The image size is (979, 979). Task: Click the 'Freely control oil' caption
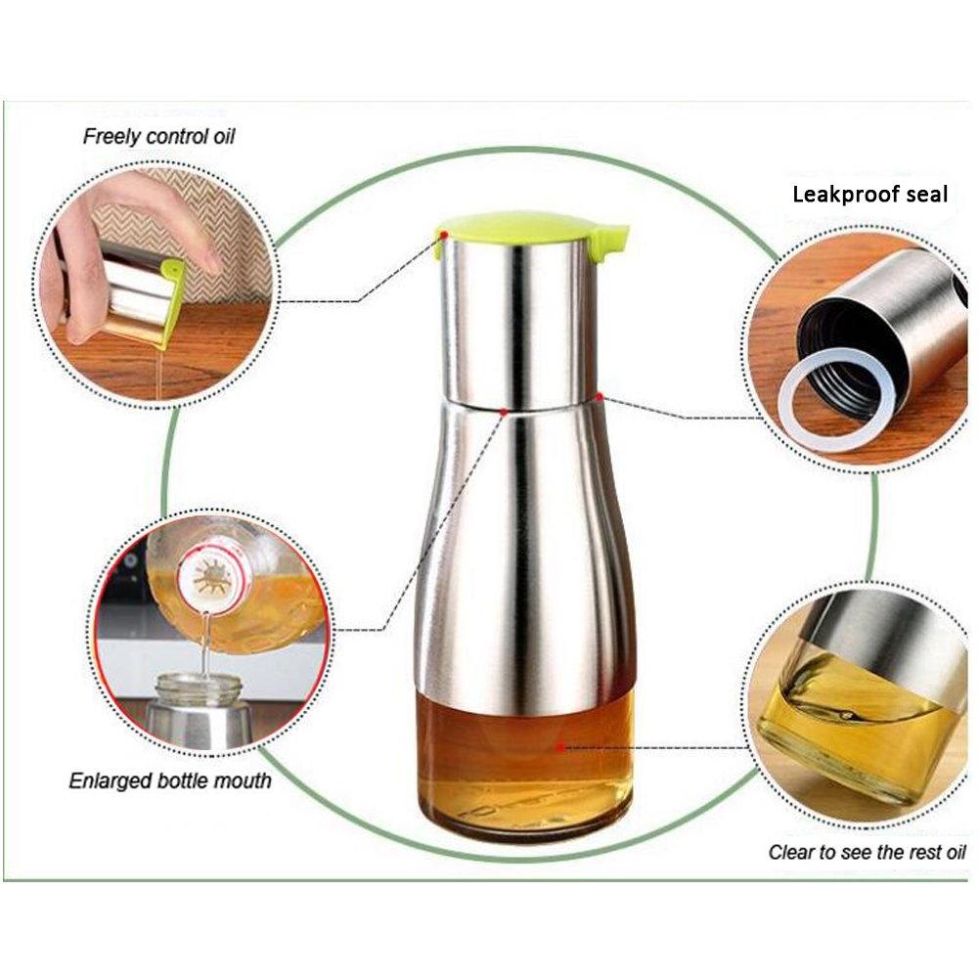point(158,137)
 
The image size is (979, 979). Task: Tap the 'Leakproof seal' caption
point(869,195)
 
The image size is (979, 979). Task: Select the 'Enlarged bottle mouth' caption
point(170,780)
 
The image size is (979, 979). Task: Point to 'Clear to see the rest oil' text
point(868,852)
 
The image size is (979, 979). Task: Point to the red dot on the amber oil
point(560,747)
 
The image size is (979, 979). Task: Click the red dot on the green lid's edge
point(444,235)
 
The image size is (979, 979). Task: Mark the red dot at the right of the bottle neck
point(600,396)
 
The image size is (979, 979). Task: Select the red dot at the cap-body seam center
point(504,412)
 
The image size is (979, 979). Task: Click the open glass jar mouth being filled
point(199,687)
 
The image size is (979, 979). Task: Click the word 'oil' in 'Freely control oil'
point(224,136)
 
